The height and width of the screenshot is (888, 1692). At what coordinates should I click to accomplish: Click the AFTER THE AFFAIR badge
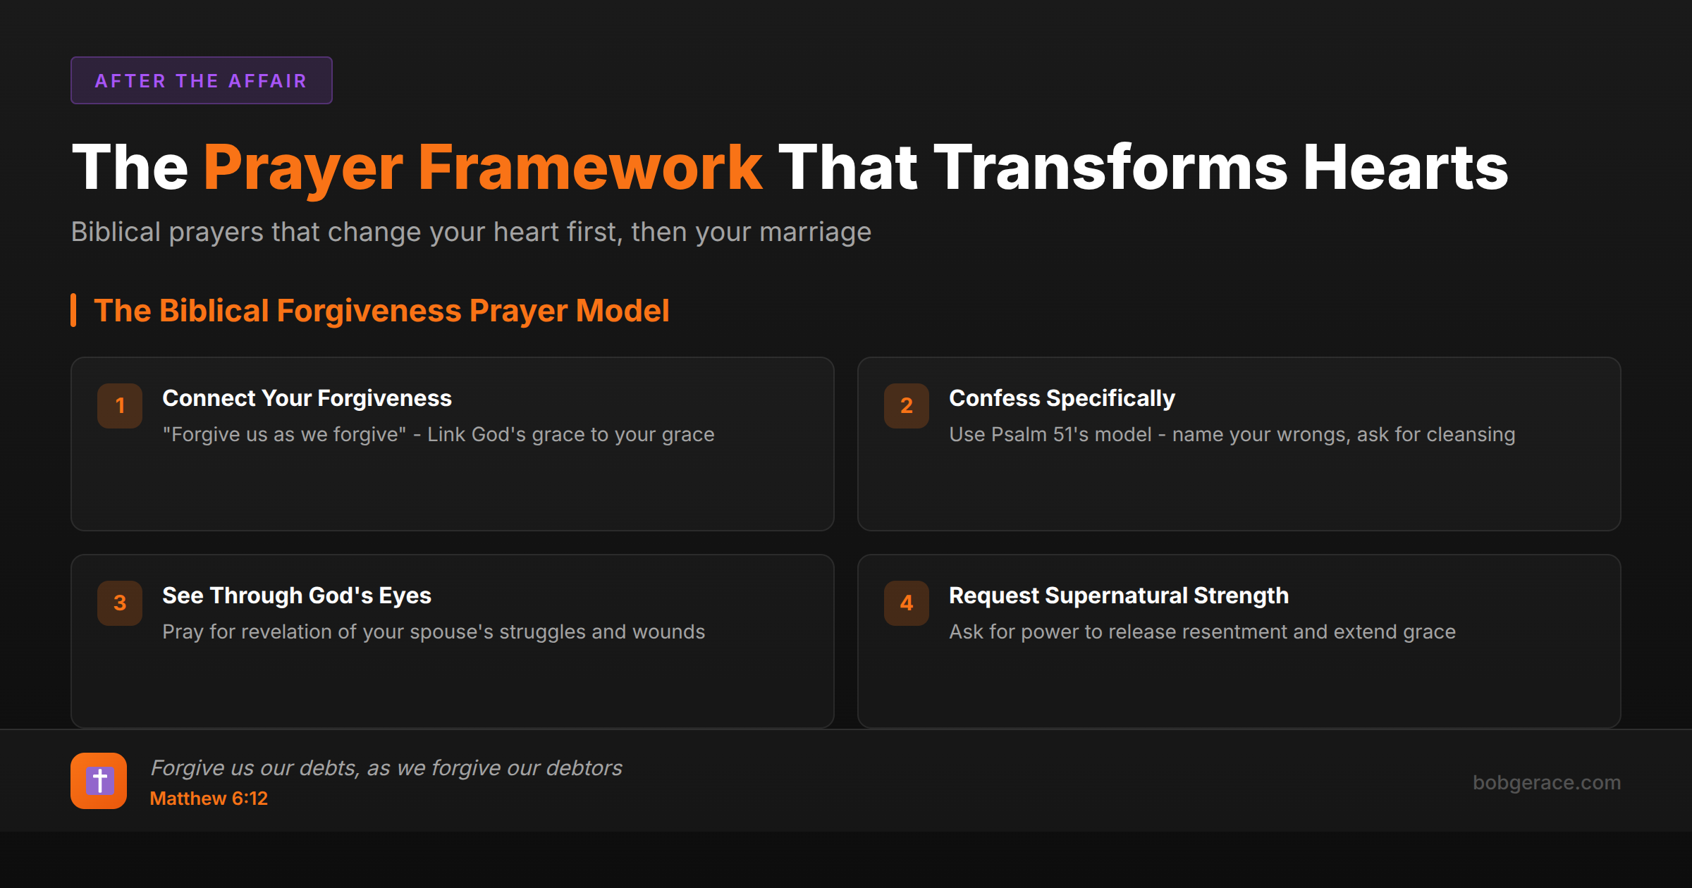tap(201, 80)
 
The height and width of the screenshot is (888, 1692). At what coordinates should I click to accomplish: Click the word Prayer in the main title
tap(303, 168)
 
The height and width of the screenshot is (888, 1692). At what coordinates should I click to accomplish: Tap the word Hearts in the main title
tap(1405, 168)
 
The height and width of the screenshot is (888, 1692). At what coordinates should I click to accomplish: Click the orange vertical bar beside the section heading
tap(73, 310)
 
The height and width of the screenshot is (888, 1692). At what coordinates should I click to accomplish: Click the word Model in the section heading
tap(623, 311)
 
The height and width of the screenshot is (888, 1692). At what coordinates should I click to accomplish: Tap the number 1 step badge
tap(120, 405)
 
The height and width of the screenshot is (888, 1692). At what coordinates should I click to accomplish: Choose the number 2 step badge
tap(907, 405)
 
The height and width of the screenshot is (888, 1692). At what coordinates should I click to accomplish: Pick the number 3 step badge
tap(120, 603)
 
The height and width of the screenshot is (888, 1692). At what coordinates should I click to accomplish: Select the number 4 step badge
tap(907, 603)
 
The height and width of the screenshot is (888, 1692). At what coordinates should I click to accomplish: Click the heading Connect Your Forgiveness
tap(307, 398)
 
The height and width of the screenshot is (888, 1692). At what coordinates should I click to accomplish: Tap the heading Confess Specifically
tap(1062, 399)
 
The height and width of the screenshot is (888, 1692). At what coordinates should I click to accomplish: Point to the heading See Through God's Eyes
tap(297, 596)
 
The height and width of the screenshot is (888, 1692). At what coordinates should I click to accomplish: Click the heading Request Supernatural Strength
tap(1119, 596)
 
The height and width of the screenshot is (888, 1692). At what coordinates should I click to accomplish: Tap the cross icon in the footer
tap(99, 781)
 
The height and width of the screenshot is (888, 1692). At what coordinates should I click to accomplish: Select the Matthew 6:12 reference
tap(209, 798)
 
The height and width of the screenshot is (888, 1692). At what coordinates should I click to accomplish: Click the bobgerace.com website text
tap(1547, 782)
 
